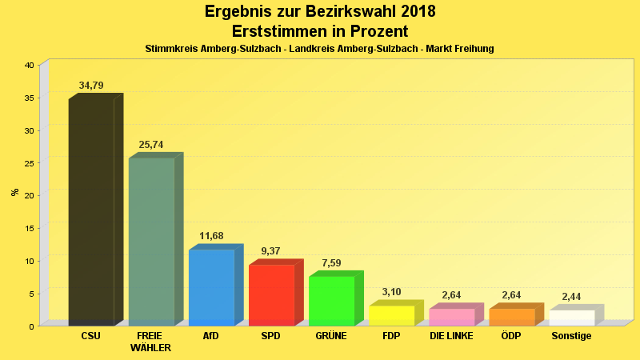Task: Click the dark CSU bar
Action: pyautogui.click(x=91, y=212)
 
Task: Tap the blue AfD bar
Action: pyautogui.click(x=211, y=287)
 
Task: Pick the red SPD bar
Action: pyautogui.click(x=271, y=295)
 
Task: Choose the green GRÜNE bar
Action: pyautogui.click(x=331, y=301)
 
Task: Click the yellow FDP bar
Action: pyautogui.click(x=391, y=315)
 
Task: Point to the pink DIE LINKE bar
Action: pyautogui.click(x=451, y=317)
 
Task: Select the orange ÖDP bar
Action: pyautogui.click(x=511, y=317)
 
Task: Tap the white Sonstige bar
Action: pyautogui.click(x=571, y=318)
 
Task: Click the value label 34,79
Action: pyautogui.click(x=91, y=86)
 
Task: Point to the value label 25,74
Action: pyautogui.click(x=151, y=145)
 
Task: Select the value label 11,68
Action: pyautogui.click(x=211, y=236)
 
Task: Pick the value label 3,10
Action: pyautogui.click(x=391, y=292)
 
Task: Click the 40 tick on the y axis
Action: pyautogui.click(x=29, y=65)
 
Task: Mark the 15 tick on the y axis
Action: pyautogui.click(x=29, y=228)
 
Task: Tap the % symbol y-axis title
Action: pyautogui.click(x=14, y=192)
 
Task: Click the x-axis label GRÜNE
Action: pyautogui.click(x=330, y=336)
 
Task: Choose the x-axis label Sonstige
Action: pyautogui.click(x=571, y=336)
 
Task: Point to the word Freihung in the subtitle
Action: pyautogui.click(x=474, y=49)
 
